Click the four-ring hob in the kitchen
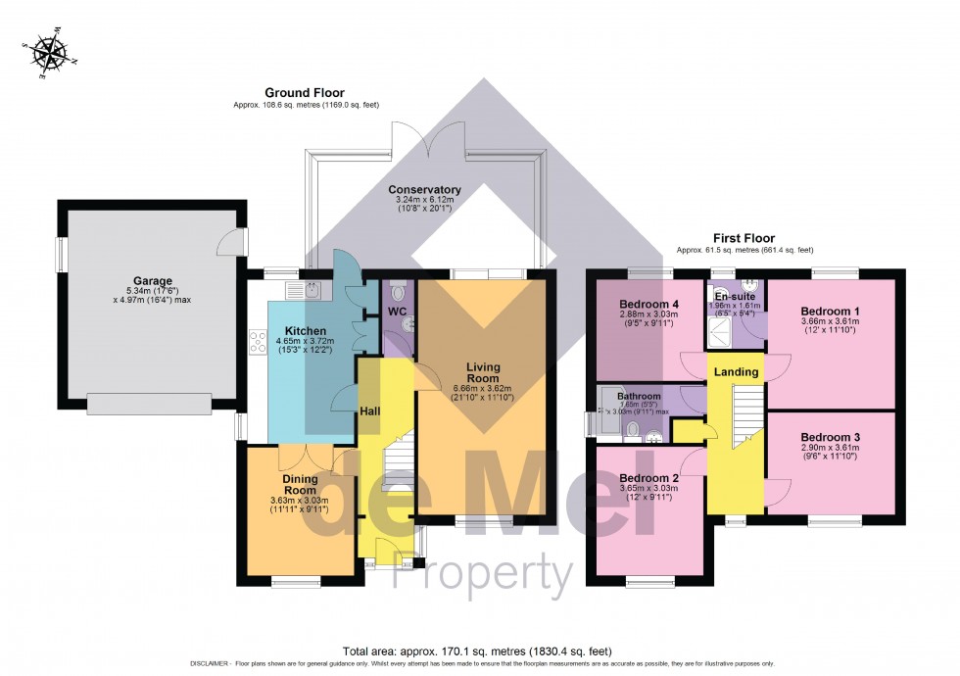pos(260,342)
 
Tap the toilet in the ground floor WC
pos(397,292)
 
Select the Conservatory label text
pos(424,190)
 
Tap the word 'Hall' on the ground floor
pos(369,411)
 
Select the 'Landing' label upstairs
pos(735,371)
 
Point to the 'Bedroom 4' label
pos(649,304)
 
